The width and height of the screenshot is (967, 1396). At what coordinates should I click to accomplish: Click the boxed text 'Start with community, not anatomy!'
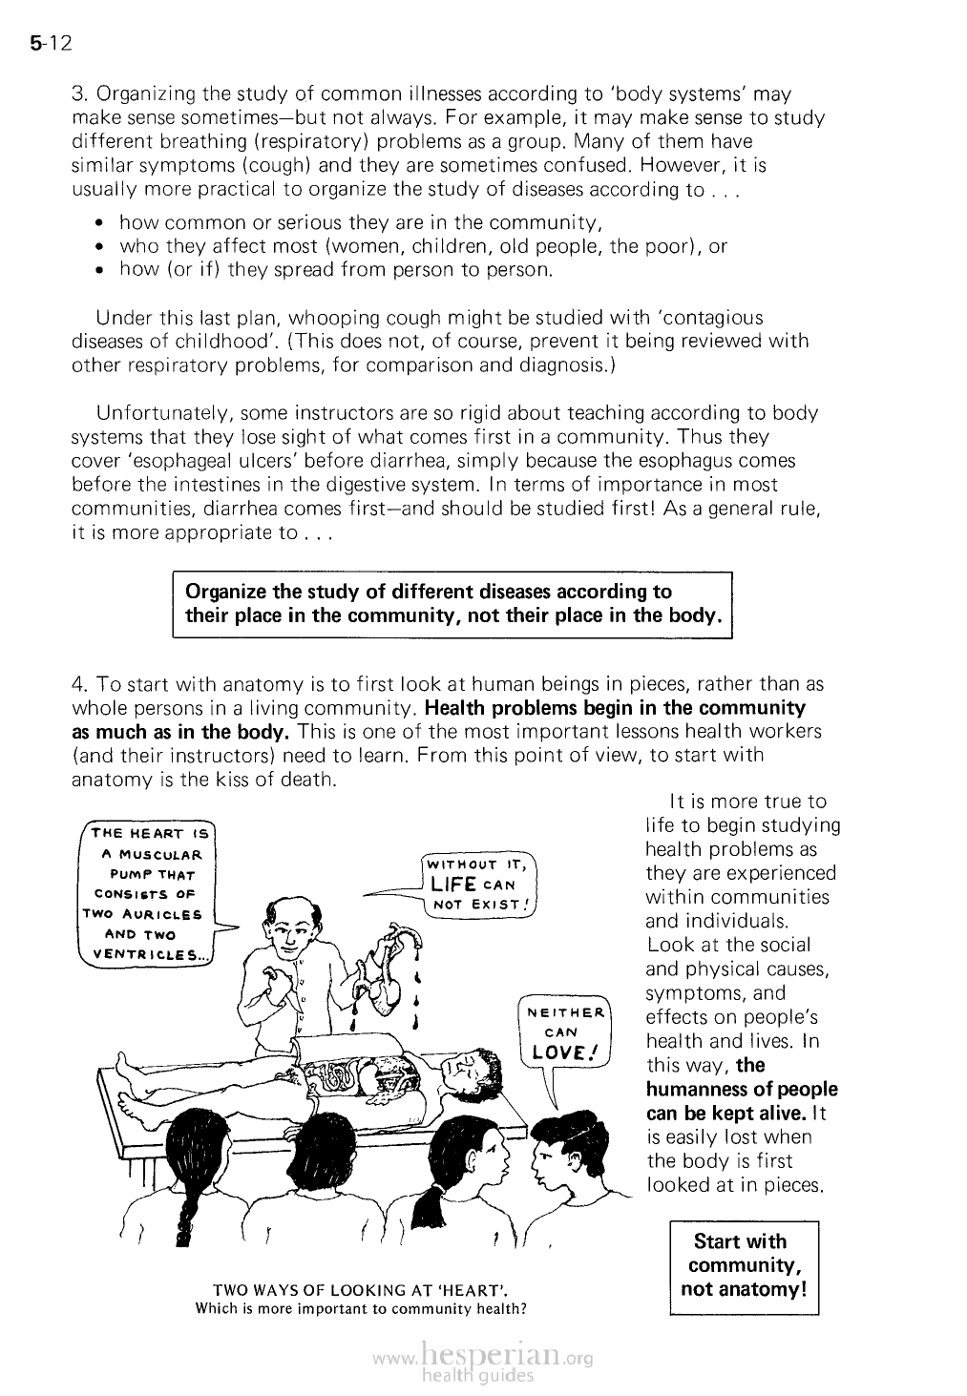tap(744, 1265)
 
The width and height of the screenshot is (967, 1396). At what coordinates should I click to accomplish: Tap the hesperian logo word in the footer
tap(493, 1356)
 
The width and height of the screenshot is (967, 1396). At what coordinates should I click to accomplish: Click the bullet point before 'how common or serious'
tap(100, 224)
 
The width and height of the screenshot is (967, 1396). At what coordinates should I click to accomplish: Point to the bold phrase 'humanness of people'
tap(741, 1089)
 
